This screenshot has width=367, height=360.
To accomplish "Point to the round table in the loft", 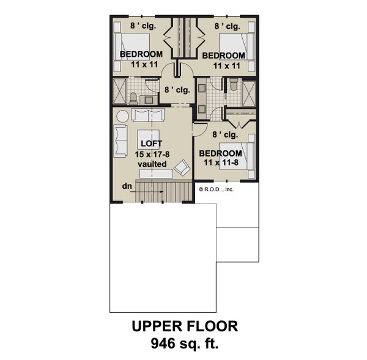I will tap(121, 116).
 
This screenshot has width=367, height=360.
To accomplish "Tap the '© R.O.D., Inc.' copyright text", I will tap(217, 190).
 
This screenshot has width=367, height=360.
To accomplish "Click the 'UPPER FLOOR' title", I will tap(183, 327).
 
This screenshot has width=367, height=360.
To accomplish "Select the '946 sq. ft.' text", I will tap(183, 344).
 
